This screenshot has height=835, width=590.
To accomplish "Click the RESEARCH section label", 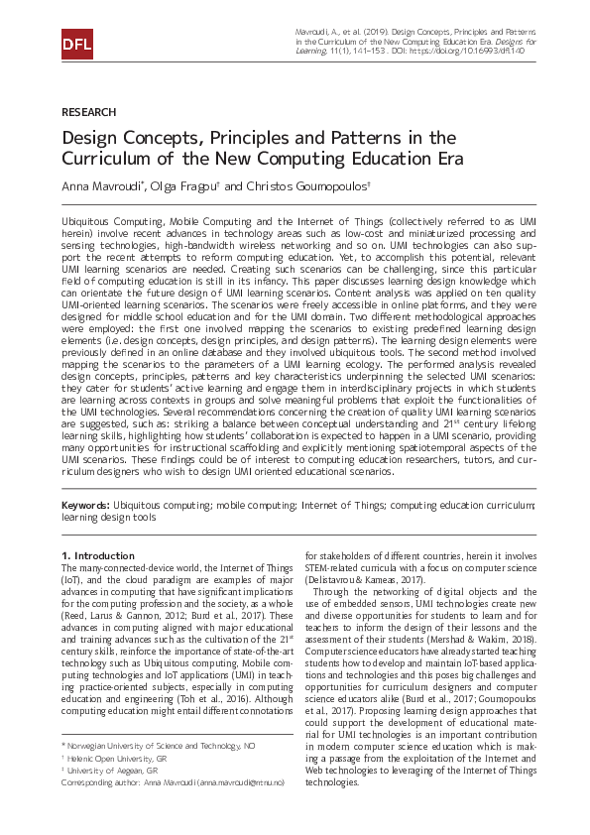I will click(x=88, y=112).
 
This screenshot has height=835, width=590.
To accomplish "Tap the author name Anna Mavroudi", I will click(x=99, y=186).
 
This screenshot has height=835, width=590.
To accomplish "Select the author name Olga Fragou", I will click(x=175, y=186).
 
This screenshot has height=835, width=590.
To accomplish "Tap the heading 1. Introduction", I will click(x=97, y=555).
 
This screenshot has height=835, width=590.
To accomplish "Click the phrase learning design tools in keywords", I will click(x=108, y=518).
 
